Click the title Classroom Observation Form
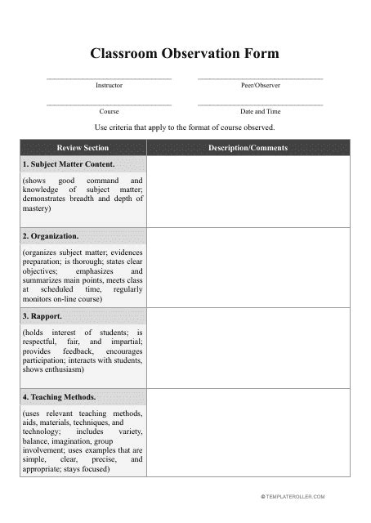point(185,54)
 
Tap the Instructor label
point(109,85)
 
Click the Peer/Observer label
point(260,85)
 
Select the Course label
point(109,111)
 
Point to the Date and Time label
point(260,111)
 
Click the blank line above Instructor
point(109,78)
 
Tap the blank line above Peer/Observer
point(260,78)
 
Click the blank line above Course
point(109,105)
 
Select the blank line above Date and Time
point(260,105)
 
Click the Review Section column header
point(83,148)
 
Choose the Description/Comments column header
point(248,148)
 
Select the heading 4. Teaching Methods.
point(60,397)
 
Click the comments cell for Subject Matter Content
point(248,191)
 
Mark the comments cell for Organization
point(248,267)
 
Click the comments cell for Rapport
point(248,347)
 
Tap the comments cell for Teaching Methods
point(248,433)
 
